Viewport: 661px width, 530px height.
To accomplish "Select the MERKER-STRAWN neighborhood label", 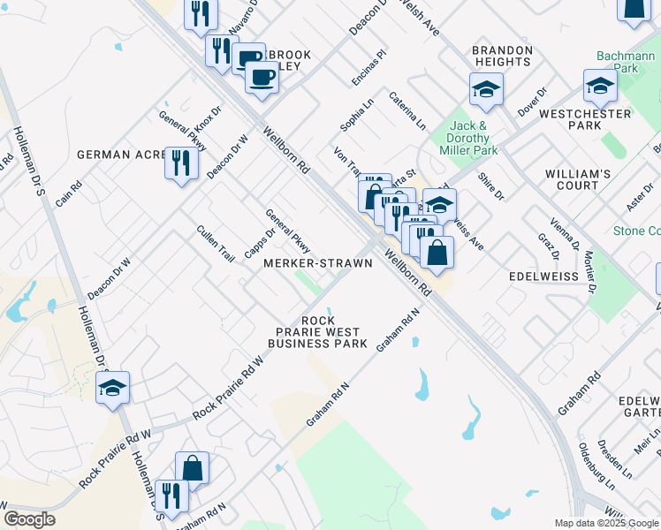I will click(317, 263).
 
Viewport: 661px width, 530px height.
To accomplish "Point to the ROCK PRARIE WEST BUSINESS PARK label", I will click(317, 332).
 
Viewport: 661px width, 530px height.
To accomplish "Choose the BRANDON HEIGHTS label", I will click(502, 57).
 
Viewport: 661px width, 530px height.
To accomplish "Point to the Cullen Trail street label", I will click(216, 244).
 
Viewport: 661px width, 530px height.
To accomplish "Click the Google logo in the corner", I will click(29, 519).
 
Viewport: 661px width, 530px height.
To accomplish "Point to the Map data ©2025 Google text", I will click(604, 523).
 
